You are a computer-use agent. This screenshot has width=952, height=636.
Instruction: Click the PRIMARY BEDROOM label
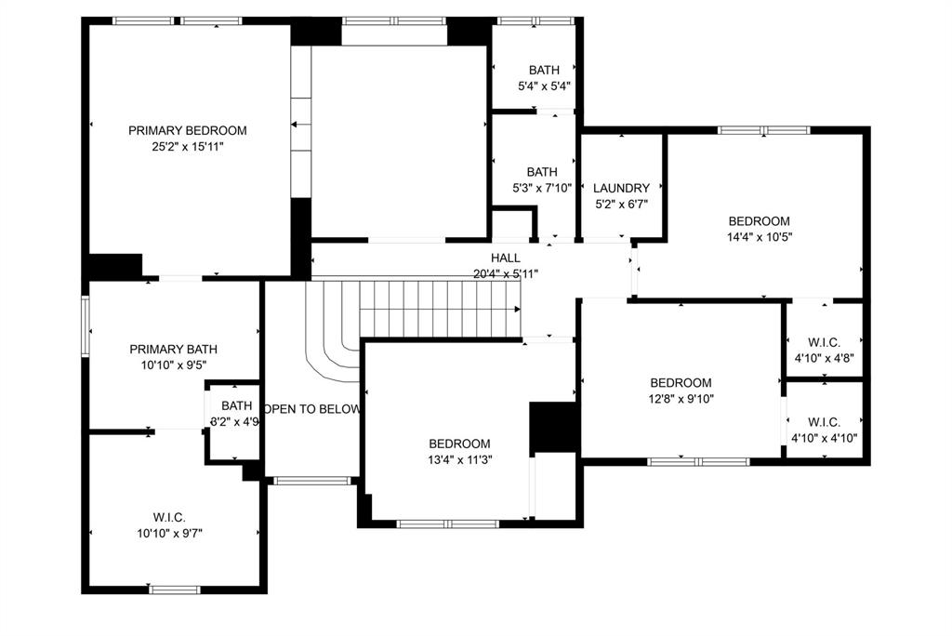coord(187,131)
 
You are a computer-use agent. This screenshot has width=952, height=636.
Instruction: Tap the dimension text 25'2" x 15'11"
coord(187,147)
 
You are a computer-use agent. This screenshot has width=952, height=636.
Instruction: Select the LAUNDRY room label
coord(621,189)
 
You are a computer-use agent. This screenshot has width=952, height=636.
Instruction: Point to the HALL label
coord(506,258)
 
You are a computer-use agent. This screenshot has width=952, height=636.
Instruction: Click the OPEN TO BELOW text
coord(312,409)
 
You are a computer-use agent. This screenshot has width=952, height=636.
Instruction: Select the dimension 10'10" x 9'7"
coord(169,533)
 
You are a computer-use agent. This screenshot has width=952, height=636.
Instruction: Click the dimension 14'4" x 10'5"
coord(759,236)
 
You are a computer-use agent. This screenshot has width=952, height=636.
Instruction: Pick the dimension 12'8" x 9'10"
coord(681,398)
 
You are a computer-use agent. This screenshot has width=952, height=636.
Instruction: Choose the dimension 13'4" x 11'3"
coord(459,459)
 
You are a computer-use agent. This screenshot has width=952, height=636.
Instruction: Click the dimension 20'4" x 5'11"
coord(506,273)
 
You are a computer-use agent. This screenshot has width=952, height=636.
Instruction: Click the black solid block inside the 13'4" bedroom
coord(554,427)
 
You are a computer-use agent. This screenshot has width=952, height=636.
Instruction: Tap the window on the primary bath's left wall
coord(86,325)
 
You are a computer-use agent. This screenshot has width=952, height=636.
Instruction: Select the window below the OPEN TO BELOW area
coord(312,481)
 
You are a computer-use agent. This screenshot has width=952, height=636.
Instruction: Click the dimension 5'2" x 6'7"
coord(621,205)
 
